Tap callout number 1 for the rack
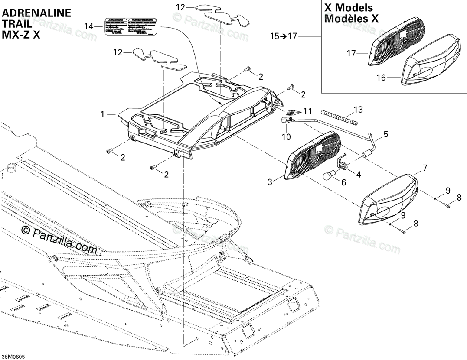point(102,114)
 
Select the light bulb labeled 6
point(330,177)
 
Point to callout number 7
point(425,167)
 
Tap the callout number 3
point(270,182)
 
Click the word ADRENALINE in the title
point(36,13)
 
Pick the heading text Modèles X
point(351,19)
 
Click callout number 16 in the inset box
point(381,78)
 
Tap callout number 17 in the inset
point(351,53)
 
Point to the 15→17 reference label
point(284,36)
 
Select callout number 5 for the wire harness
point(385,134)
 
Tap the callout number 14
point(88,27)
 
